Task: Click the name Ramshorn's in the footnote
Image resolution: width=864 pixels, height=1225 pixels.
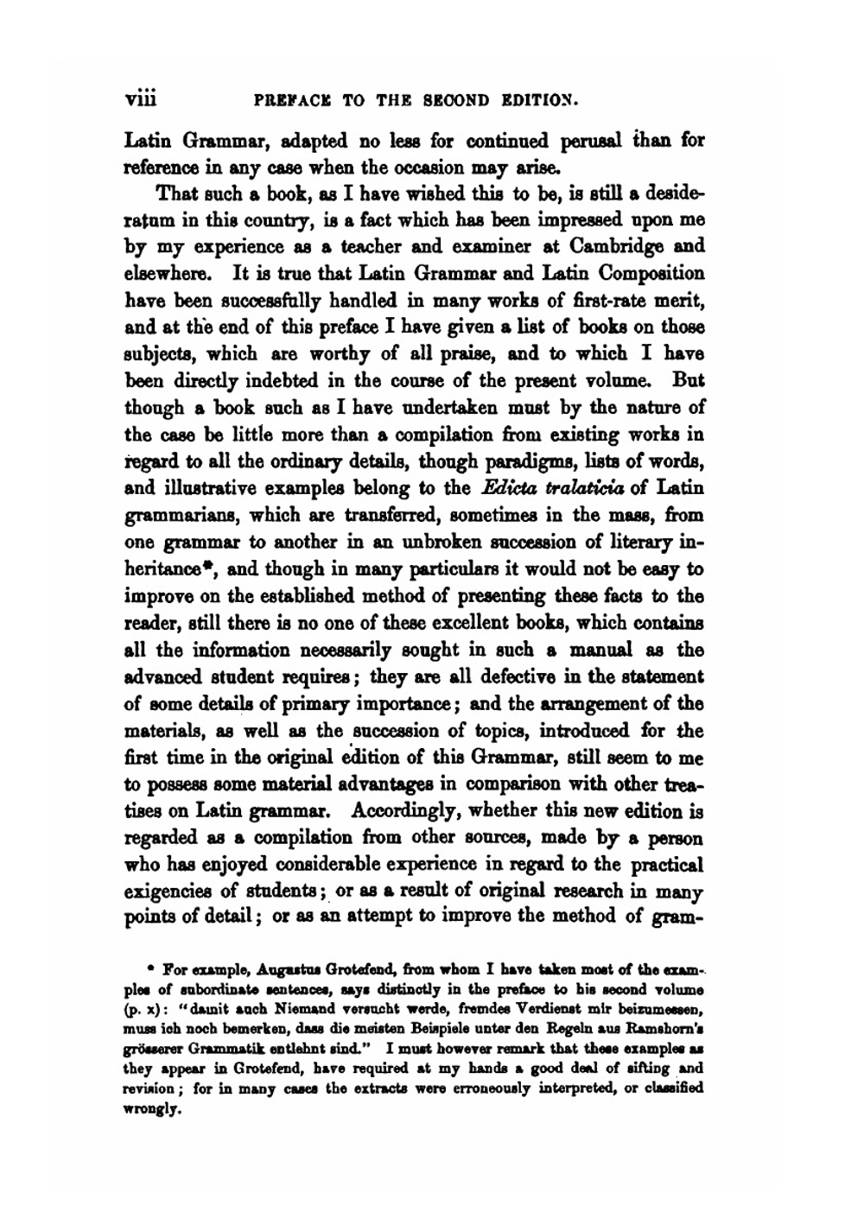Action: (667, 1025)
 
